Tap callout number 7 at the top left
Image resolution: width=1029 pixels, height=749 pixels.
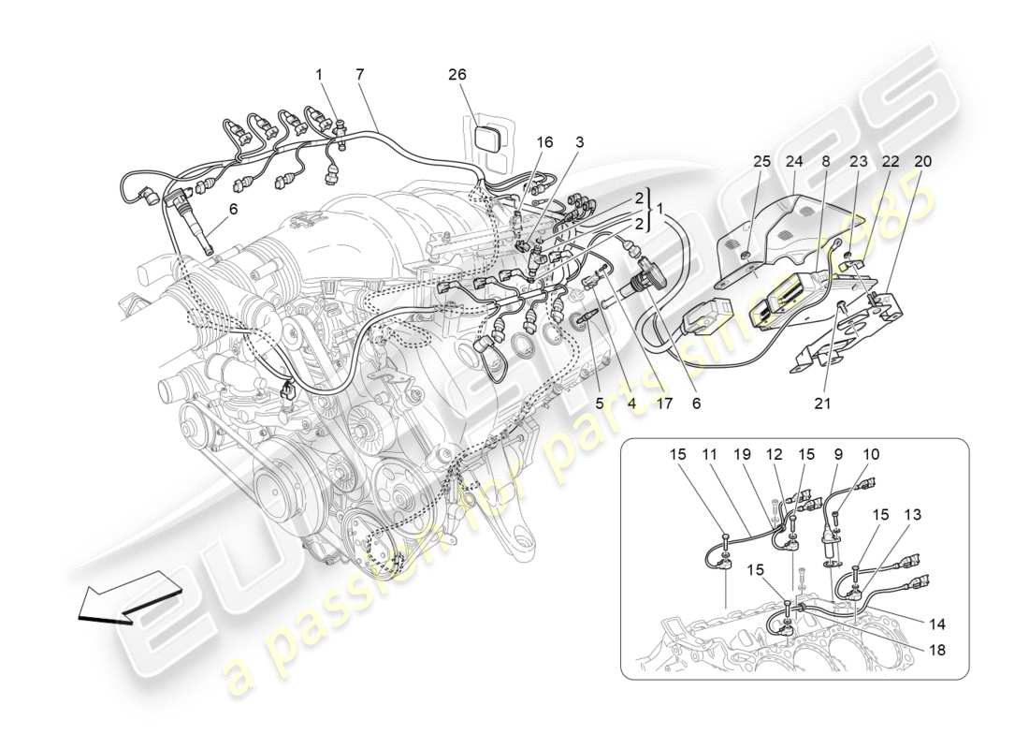pyautogui.click(x=360, y=74)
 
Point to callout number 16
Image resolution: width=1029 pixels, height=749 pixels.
pyautogui.click(x=545, y=142)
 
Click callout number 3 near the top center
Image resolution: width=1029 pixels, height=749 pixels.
pyautogui.click(x=580, y=142)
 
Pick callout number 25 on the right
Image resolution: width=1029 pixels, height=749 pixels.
pyautogui.click(x=762, y=161)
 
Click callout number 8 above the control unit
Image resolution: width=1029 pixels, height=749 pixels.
pyautogui.click(x=826, y=161)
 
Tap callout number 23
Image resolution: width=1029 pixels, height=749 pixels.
pyautogui.click(x=858, y=161)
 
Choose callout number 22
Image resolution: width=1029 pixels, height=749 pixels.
pyautogui.click(x=891, y=161)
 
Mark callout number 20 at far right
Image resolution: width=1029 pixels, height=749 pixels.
pyautogui.click(x=923, y=161)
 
